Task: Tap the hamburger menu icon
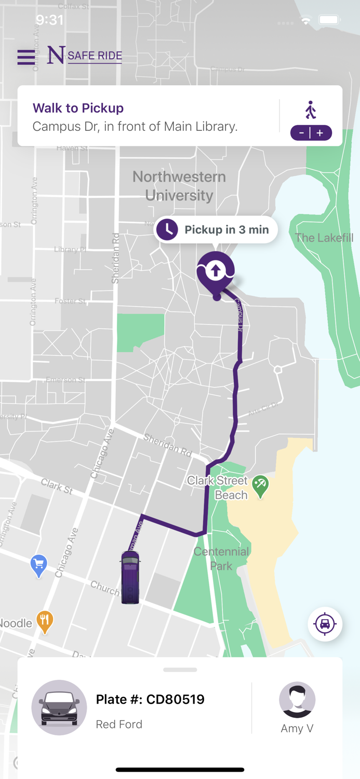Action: click(x=26, y=57)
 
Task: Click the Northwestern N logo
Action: click(x=56, y=55)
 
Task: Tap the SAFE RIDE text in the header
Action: click(x=95, y=56)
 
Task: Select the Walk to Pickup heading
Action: click(x=78, y=108)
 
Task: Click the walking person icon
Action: click(x=311, y=110)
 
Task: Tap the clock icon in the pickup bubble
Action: click(x=167, y=230)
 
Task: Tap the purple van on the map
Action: click(x=130, y=576)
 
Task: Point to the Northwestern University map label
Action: click(x=179, y=186)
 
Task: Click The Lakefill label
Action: click(x=324, y=238)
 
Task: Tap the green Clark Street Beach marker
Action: click(x=260, y=486)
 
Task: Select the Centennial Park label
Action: click(x=221, y=558)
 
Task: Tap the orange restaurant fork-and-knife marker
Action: click(x=45, y=621)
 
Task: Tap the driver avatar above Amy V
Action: click(x=297, y=700)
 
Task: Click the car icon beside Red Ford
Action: click(x=59, y=707)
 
